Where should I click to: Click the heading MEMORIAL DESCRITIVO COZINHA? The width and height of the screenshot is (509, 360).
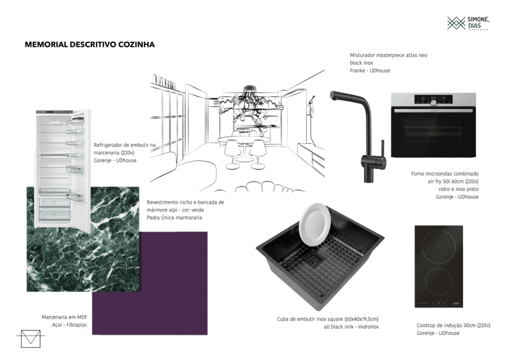(x=89, y=44)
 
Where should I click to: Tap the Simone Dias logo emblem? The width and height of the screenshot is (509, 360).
(x=456, y=23)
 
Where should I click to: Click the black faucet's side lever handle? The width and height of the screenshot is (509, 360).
(x=382, y=151)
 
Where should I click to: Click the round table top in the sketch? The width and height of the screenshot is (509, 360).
(x=244, y=140)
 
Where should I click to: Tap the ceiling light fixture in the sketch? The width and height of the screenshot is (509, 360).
(x=249, y=107)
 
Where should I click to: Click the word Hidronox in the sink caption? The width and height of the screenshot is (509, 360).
(x=368, y=327)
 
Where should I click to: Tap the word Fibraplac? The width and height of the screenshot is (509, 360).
(x=77, y=325)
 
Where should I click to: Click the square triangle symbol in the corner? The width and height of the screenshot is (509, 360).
(x=30, y=339)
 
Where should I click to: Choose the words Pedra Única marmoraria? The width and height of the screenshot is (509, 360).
(x=174, y=217)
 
